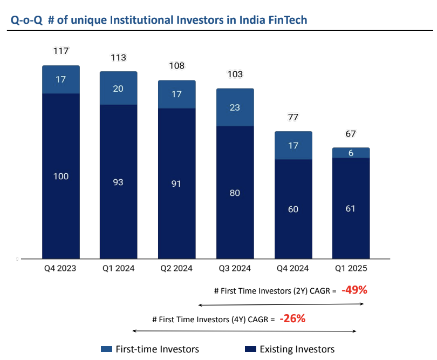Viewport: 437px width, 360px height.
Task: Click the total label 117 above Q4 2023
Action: (61, 51)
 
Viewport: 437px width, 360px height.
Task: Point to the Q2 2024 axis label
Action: (176, 268)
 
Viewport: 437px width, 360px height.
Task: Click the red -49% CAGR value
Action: (354, 290)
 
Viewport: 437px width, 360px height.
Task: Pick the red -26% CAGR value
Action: (292, 318)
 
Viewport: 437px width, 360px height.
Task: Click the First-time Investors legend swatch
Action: (106, 349)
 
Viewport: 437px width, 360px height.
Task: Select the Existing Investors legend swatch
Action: (250, 349)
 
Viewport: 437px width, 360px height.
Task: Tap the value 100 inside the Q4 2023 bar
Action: (61, 176)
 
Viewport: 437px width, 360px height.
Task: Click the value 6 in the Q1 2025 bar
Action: (351, 153)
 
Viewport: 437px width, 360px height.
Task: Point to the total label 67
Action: (351, 134)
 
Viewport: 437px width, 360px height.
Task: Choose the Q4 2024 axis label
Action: (293, 268)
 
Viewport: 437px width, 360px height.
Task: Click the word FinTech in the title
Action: (287, 21)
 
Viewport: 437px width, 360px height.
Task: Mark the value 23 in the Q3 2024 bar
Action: (235, 107)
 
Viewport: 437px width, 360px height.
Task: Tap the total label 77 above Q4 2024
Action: (293, 117)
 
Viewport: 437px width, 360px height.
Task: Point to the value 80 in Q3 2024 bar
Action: (235, 193)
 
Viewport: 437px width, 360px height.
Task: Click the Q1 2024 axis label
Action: (118, 268)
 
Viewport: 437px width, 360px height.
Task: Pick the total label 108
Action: (176, 66)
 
